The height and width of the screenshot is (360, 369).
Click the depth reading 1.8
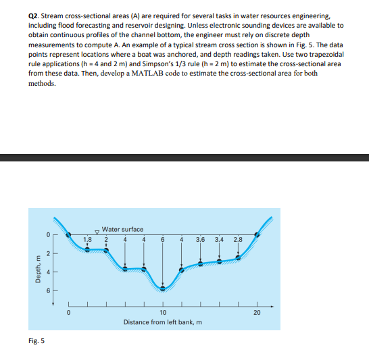pos(87,239)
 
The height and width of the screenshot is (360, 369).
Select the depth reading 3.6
pos(200,239)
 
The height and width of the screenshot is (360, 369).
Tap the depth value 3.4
pos(219,239)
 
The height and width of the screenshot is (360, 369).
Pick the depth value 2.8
pos(237,239)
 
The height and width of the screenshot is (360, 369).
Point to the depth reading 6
pos(163,239)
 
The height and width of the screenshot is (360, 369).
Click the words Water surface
pos(122,230)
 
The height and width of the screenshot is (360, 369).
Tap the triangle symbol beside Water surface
pos(96,230)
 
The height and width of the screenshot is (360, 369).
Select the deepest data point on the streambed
pos(162,288)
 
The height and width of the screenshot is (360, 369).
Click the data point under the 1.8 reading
pos(87,250)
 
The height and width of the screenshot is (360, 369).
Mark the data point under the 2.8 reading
pos(238,257)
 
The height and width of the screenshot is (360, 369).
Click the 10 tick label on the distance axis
pos(162,313)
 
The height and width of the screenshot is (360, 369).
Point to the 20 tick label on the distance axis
pos(257,313)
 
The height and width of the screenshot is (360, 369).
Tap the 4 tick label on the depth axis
pos(47,272)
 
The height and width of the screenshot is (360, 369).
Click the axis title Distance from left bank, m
pos(162,322)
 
